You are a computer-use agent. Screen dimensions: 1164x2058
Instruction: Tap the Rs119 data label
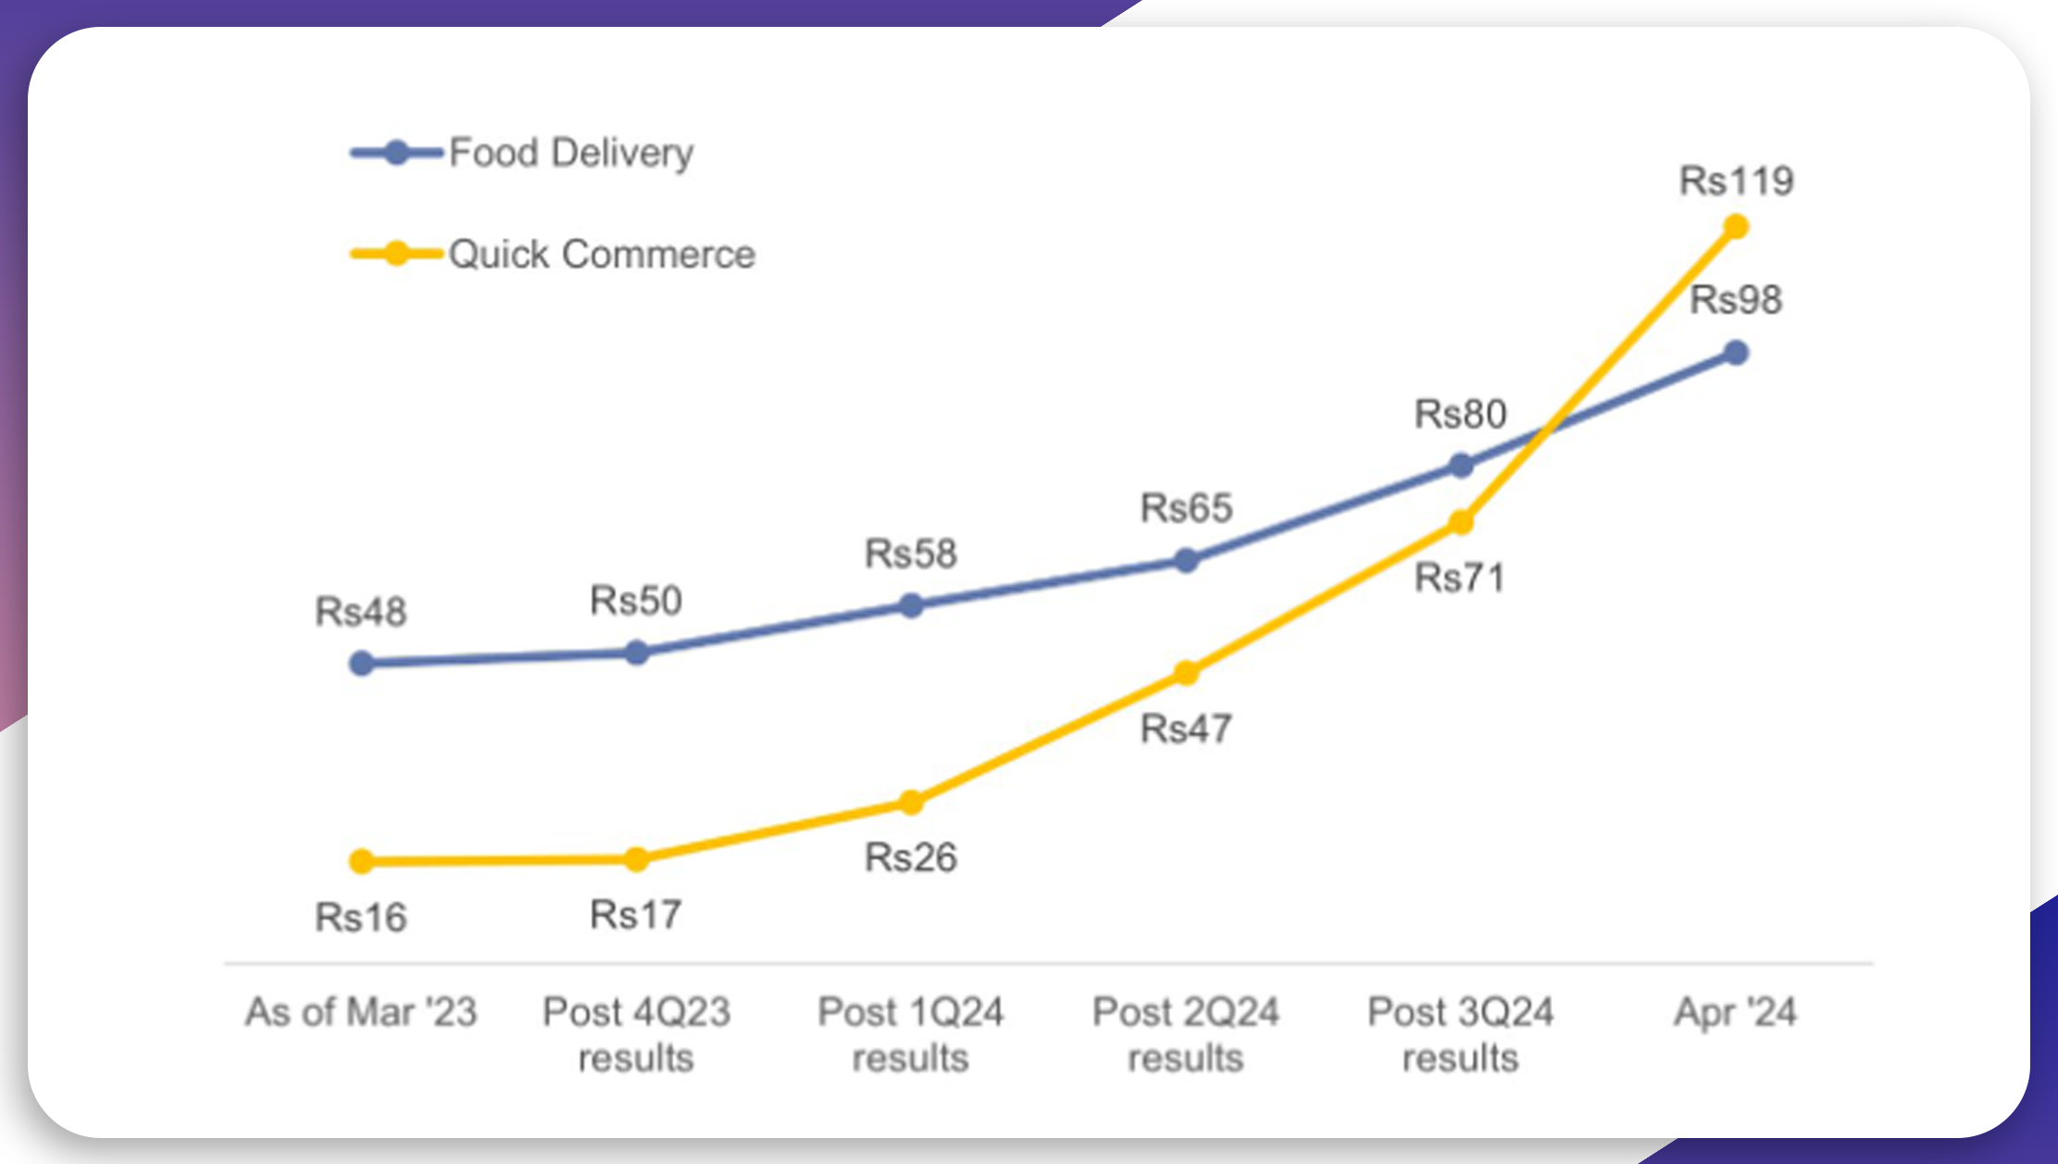tap(1736, 181)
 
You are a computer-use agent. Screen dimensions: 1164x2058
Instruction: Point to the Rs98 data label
tap(1735, 300)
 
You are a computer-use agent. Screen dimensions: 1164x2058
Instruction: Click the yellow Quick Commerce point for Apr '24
tap(1736, 227)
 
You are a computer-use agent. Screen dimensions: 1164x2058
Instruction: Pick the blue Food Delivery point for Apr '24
tap(1736, 353)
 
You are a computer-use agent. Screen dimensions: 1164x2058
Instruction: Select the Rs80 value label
tap(1460, 414)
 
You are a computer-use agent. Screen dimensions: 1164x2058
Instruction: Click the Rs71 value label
tap(1460, 578)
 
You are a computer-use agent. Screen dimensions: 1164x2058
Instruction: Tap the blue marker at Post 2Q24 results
tap(1186, 560)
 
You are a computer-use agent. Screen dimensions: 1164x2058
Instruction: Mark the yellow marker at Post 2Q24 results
tap(1186, 673)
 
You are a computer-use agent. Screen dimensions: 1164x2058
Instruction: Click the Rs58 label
tap(910, 554)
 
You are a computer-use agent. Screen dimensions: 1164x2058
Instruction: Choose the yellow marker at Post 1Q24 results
tap(911, 802)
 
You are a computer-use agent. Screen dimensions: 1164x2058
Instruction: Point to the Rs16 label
tap(360, 918)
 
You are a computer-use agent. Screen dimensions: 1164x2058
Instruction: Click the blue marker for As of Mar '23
tap(362, 663)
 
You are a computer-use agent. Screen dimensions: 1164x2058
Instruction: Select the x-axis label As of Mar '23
tap(360, 1012)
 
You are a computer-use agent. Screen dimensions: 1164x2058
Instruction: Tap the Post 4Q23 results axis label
tap(636, 1034)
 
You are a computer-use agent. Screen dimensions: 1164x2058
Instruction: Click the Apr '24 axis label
tap(1735, 1012)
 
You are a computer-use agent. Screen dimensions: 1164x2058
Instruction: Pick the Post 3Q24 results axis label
tap(1460, 1034)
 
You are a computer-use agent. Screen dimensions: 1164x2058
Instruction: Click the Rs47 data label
tap(1185, 729)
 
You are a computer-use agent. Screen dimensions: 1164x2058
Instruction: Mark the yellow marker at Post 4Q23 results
tap(636, 859)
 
